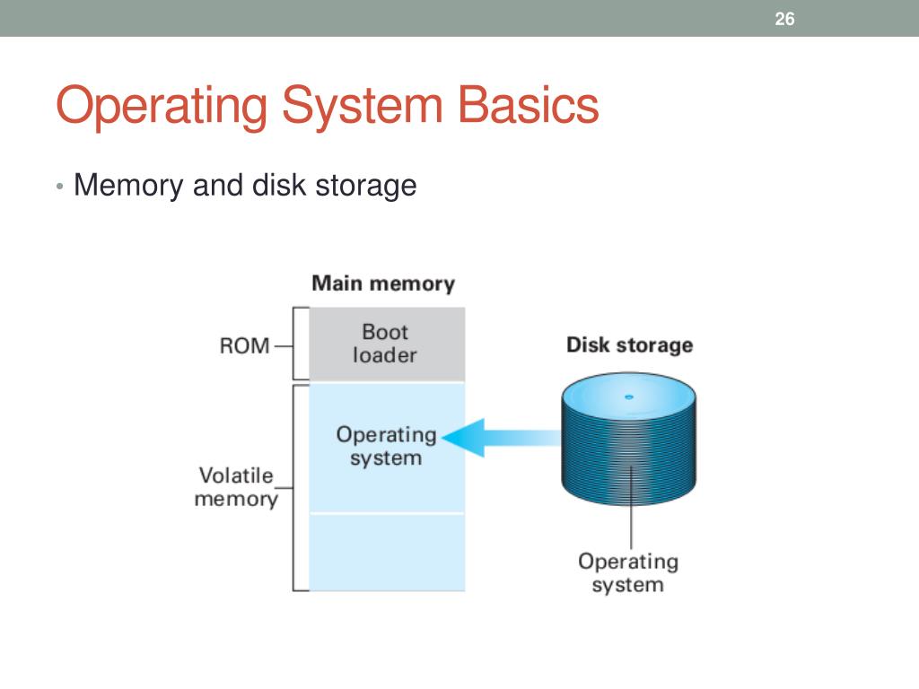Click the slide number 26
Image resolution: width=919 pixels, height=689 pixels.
click(x=784, y=19)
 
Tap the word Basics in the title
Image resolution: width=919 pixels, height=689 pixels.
click(x=528, y=105)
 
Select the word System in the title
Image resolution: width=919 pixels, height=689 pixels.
click(x=363, y=106)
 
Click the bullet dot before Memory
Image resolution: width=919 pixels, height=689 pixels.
click(x=59, y=187)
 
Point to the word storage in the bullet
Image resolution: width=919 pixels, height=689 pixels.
click(x=366, y=187)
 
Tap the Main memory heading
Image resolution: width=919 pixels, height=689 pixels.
click(x=383, y=283)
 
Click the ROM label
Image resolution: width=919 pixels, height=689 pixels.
click(x=244, y=345)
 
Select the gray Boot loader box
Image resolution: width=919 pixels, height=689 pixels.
click(x=387, y=344)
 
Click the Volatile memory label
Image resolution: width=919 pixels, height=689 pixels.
click(x=236, y=487)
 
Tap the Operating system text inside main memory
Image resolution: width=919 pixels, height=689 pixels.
click(x=386, y=446)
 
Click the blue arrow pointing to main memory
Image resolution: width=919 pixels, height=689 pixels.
click(x=502, y=438)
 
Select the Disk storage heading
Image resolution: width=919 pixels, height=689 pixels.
click(x=629, y=344)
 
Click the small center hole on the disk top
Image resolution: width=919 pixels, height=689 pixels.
click(x=629, y=397)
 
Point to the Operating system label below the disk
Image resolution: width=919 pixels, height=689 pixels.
click(x=628, y=572)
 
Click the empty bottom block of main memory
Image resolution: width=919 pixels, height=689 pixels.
click(x=387, y=553)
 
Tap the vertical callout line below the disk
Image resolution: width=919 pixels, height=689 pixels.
click(x=631, y=508)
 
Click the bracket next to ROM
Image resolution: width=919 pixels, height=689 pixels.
click(x=301, y=344)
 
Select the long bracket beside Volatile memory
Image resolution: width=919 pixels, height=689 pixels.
click(x=301, y=487)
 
